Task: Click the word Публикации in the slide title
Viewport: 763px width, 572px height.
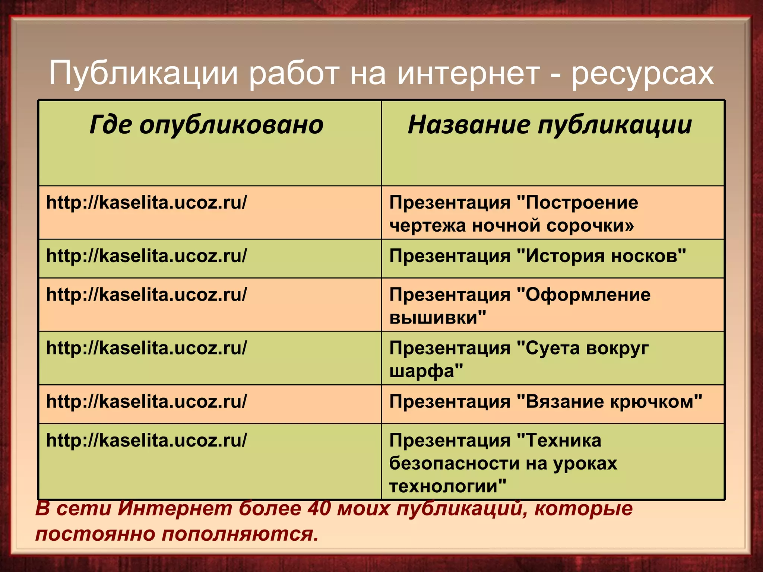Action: click(x=143, y=73)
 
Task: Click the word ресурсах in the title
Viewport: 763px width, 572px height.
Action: click(x=643, y=73)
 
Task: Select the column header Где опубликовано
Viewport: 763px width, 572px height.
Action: click(x=206, y=125)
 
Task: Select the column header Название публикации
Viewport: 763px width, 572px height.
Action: click(x=550, y=125)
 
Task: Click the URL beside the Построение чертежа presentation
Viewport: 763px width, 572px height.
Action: click(x=146, y=203)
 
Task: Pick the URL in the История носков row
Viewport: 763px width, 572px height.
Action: click(x=146, y=256)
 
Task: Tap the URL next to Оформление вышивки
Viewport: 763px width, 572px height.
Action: click(x=146, y=295)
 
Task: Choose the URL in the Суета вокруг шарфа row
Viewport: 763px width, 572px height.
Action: click(x=146, y=348)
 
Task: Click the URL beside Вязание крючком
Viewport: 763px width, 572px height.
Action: click(x=146, y=402)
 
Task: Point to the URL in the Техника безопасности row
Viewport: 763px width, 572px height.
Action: click(x=146, y=441)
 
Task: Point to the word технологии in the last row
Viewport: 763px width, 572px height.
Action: click(x=447, y=486)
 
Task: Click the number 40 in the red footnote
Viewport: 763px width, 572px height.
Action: click(x=319, y=509)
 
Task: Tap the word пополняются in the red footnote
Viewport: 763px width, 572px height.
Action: click(x=240, y=534)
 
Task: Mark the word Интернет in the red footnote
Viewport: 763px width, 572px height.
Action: click(x=175, y=509)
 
